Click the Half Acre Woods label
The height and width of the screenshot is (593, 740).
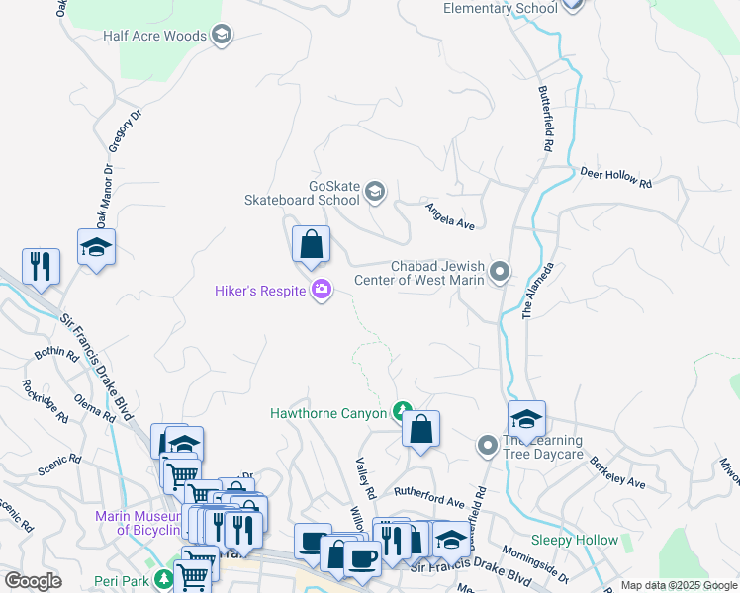pos(154,36)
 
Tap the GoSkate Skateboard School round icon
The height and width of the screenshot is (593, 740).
pos(375,191)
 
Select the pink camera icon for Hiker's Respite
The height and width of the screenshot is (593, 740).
pos(321,290)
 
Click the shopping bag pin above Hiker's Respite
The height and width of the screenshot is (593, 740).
pos(311,244)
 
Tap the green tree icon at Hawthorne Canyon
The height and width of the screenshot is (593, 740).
pos(402,410)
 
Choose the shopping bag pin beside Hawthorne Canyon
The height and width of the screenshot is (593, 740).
pos(420,430)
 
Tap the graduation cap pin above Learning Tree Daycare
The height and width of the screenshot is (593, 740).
pos(526,419)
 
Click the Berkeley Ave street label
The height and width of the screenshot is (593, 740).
pos(617,472)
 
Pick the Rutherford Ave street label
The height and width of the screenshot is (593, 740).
pos(428,502)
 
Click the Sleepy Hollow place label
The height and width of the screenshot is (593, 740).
pos(574,540)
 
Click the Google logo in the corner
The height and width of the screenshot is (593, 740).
pos(33,581)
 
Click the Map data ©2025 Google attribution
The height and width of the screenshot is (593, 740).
pos(678,585)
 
